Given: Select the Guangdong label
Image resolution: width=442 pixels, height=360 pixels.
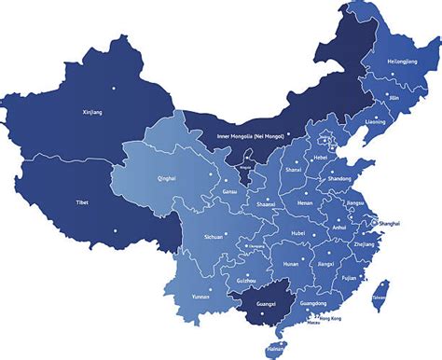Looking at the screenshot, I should (x=314, y=304).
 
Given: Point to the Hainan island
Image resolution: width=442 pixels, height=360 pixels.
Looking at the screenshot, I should (x=274, y=349).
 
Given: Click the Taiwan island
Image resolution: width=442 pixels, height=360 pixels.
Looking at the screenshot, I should (x=379, y=298).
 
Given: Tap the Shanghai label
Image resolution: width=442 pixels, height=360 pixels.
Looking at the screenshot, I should (x=391, y=225).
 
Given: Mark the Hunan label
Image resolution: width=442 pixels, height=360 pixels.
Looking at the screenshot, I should (x=291, y=264).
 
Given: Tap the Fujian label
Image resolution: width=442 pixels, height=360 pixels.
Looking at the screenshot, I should (x=350, y=277).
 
